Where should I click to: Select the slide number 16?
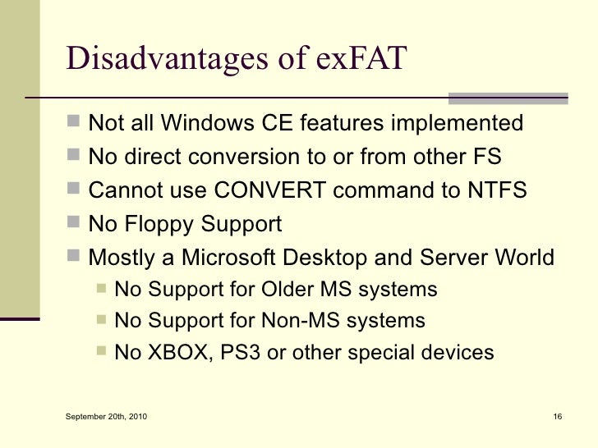coord(556,419)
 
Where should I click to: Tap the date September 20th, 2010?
coord(108,419)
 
